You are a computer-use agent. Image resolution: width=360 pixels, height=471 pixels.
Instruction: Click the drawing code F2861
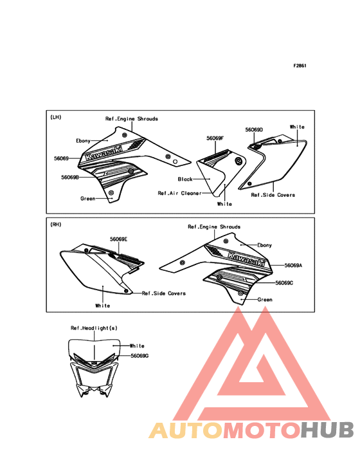300,66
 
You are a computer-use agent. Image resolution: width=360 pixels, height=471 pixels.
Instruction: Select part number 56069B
70,177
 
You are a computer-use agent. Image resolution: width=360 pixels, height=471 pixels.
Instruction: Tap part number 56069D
254,130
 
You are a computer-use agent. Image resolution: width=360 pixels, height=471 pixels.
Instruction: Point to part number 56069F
215,138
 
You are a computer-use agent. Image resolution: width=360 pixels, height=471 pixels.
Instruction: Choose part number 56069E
118,239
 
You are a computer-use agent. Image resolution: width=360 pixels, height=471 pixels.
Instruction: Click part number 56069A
293,266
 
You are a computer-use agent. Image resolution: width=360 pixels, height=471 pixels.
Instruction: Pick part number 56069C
284,283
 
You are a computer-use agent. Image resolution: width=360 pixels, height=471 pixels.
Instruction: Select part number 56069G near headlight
139,356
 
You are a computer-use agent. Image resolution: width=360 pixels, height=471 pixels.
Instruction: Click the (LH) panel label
55,117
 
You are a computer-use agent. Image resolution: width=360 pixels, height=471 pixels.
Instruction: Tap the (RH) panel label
55,225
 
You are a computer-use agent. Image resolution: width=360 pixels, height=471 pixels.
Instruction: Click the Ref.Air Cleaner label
180,193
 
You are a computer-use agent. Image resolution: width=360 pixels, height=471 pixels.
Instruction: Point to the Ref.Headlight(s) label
94,328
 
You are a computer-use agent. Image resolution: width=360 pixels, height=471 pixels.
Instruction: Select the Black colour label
185,179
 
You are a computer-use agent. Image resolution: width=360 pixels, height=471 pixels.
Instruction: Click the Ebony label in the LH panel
83,140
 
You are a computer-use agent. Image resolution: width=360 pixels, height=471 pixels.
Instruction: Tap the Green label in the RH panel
265,299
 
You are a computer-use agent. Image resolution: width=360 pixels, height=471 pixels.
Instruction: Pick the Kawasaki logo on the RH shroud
247,259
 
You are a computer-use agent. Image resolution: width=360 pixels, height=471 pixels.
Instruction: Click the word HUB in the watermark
327,430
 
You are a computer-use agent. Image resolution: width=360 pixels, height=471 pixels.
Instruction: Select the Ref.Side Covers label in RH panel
164,293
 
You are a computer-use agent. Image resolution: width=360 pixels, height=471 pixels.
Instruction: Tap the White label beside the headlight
137,346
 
